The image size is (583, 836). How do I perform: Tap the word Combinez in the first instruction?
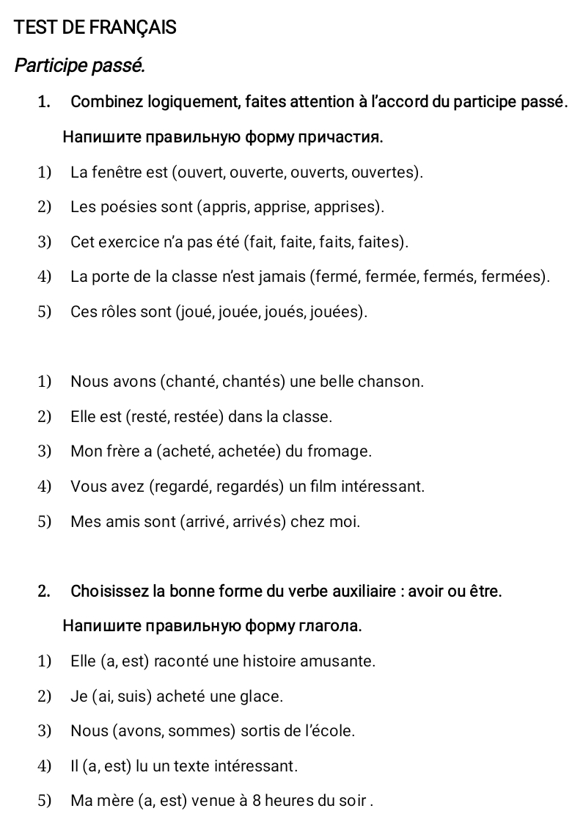pyautogui.click(x=103, y=101)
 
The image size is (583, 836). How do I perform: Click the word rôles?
pyautogui.click(x=119, y=312)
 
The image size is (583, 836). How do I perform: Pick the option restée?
pyautogui.click(x=199, y=417)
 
